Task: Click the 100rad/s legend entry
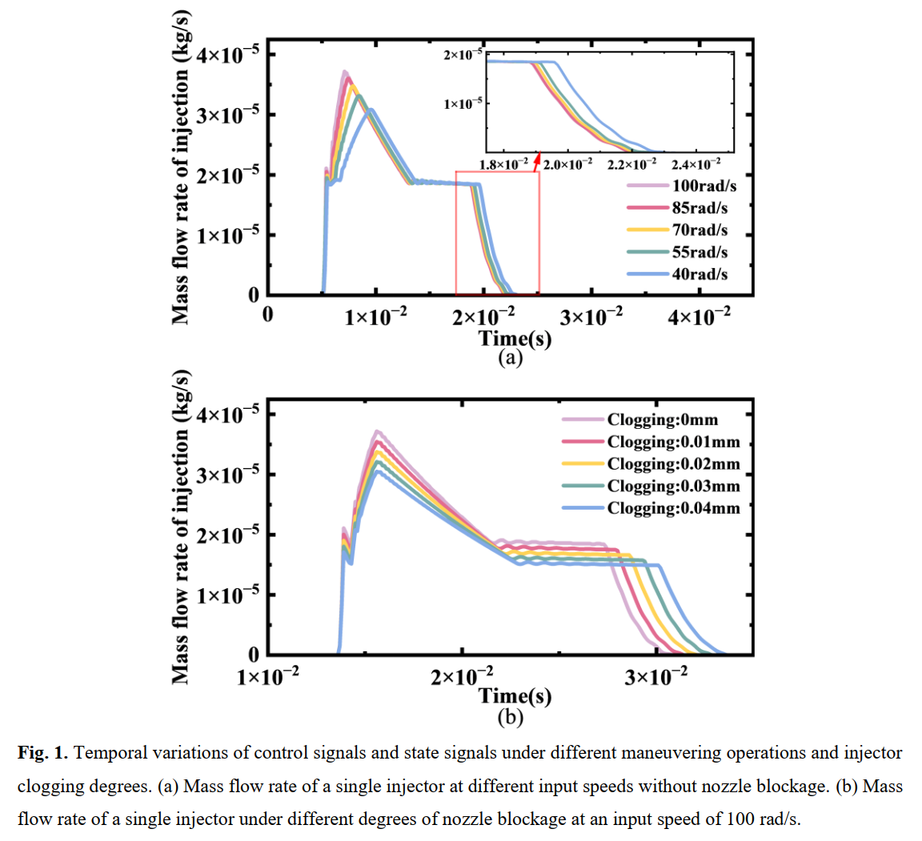click(x=682, y=186)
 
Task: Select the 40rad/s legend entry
click(x=677, y=274)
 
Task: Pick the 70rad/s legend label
click(x=700, y=230)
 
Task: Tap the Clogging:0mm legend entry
click(x=639, y=419)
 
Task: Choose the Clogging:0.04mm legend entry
click(x=651, y=508)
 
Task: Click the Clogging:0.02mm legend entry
click(x=651, y=463)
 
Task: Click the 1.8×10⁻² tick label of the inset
click(x=503, y=164)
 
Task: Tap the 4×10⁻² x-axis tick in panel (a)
click(x=700, y=315)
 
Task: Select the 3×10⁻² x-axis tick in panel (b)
click(x=655, y=676)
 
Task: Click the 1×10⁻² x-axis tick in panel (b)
click(x=267, y=676)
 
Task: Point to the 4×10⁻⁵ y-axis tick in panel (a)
click(x=227, y=54)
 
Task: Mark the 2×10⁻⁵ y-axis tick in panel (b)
click(x=227, y=535)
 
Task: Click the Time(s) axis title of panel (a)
click(x=515, y=338)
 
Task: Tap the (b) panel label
click(x=510, y=717)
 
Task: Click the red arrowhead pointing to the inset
click(x=537, y=159)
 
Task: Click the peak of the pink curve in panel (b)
click(x=377, y=431)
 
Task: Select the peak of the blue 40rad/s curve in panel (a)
click(x=371, y=110)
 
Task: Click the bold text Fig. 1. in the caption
click(x=43, y=752)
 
